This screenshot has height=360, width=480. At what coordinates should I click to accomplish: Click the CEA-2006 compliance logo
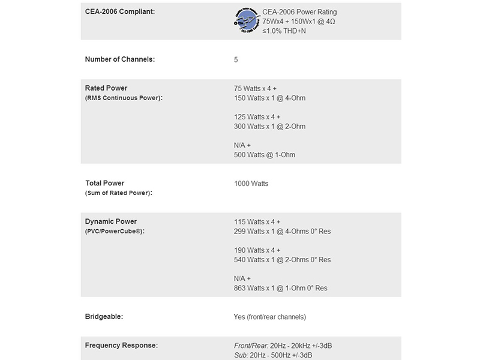coord(247,21)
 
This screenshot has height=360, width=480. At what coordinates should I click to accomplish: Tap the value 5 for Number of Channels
coord(236,60)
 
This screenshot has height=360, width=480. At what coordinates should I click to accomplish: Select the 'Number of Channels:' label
coord(121,59)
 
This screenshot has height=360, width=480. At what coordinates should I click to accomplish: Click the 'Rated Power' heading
coord(106,88)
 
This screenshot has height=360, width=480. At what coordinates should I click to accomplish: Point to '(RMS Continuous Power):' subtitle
coord(124,98)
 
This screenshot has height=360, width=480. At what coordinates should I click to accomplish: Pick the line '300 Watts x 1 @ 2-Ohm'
coord(270,127)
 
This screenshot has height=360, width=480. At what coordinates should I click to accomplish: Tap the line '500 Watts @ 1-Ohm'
coord(265,155)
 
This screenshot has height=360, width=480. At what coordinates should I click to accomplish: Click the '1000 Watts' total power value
coord(251,184)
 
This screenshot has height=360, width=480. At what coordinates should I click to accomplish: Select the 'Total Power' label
coord(105,183)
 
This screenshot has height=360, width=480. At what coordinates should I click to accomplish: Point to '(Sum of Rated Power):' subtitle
coord(119,193)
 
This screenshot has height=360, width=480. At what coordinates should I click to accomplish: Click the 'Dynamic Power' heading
coord(111,221)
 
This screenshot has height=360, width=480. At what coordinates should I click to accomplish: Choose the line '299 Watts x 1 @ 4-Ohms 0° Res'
coord(282,231)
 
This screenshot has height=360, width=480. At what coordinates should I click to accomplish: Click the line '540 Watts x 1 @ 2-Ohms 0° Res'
coord(282,260)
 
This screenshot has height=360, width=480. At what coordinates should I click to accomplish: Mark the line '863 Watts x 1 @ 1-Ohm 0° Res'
coord(281,288)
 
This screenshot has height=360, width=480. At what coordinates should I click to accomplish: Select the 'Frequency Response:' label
coord(122,345)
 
